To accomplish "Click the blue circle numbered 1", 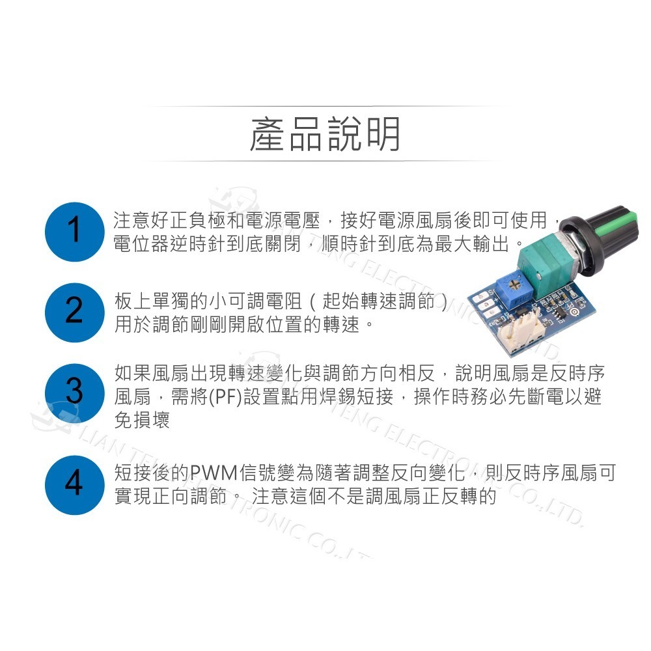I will pos(74,231).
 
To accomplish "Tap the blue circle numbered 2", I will pos(74,312).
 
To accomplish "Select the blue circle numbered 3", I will pos(74,393).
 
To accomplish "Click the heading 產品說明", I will pos(325,135).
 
